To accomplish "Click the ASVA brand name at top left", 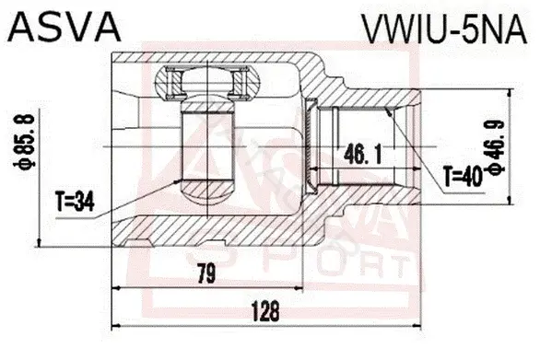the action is pyautogui.click(x=65, y=28).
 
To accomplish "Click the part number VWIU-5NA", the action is pyautogui.click(x=444, y=29).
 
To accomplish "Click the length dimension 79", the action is pyautogui.click(x=206, y=273).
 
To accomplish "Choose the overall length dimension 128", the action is pyautogui.click(x=265, y=311).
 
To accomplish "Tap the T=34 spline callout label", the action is pyautogui.click(x=76, y=203).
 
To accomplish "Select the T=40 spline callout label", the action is pyautogui.click(x=463, y=177).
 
